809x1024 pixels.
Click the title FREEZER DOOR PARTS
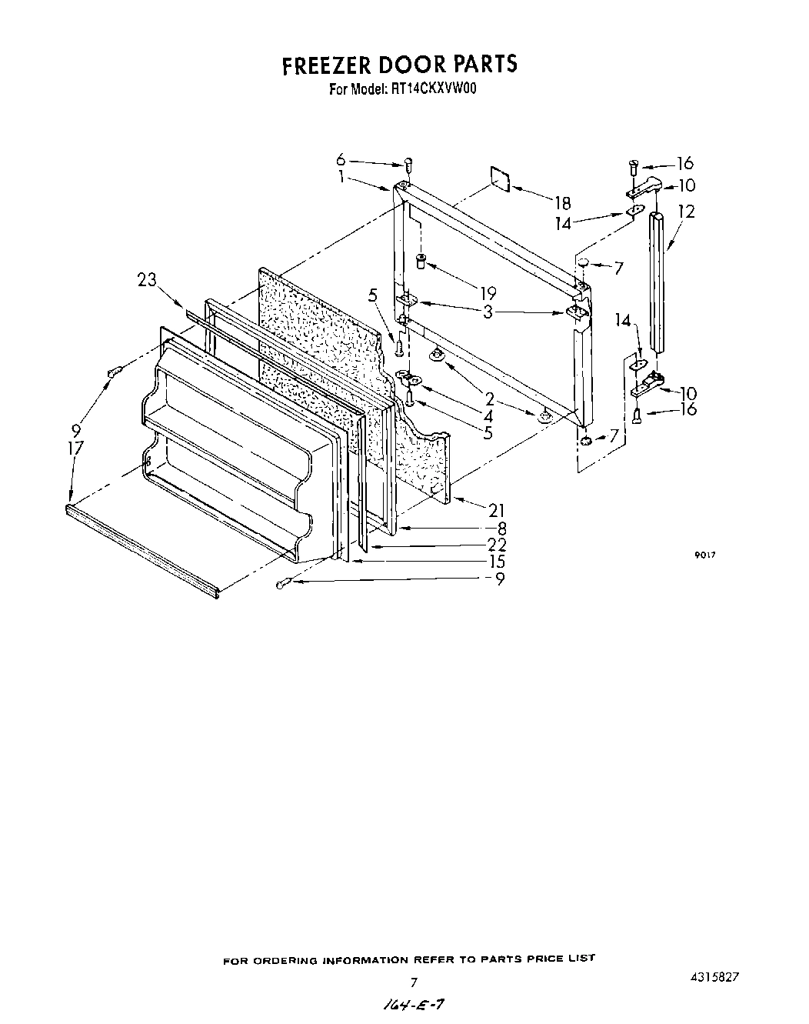pyautogui.click(x=399, y=65)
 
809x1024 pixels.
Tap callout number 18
pyautogui.click(x=563, y=203)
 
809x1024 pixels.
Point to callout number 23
pyautogui.click(x=147, y=281)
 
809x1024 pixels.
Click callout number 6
pyautogui.click(x=341, y=160)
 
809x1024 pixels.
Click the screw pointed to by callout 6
pyautogui.click(x=408, y=163)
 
